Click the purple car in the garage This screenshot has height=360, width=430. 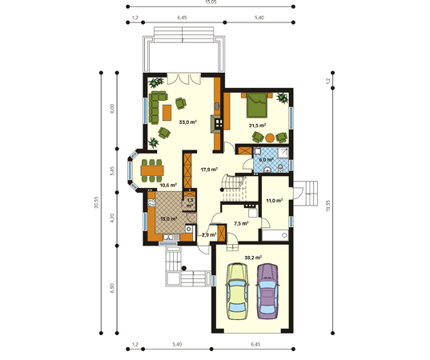pyautogui.click(x=267, y=293)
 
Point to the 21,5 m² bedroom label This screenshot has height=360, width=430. pyautogui.click(x=256, y=125)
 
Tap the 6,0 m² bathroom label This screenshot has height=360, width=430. pyautogui.click(x=267, y=159)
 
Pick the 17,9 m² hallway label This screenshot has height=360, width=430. pyautogui.click(x=210, y=170)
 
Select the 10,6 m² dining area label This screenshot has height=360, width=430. pyautogui.click(x=168, y=185)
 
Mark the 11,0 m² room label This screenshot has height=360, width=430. pyautogui.click(x=275, y=200)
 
